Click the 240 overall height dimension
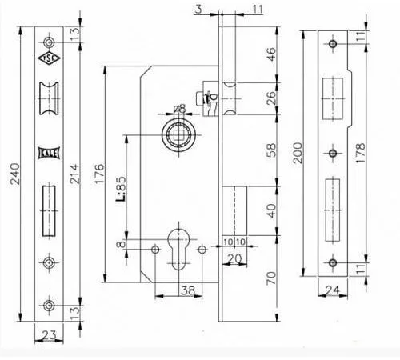tap(15, 174)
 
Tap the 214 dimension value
tap(74, 174)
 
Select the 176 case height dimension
tap(99, 174)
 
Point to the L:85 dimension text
tap(121, 188)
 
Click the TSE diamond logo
tap(49, 58)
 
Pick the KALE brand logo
tap(49, 154)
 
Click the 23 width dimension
tap(50, 335)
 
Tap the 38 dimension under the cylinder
tap(188, 290)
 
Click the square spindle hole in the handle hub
tap(178, 135)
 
